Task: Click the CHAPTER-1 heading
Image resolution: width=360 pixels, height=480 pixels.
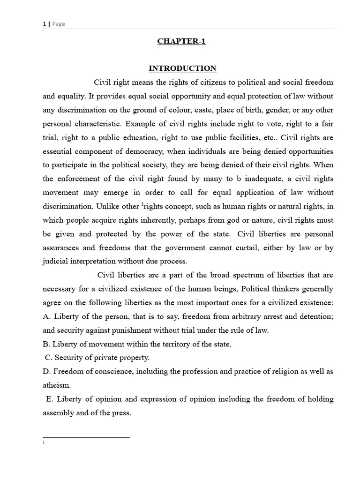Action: (x=181, y=41)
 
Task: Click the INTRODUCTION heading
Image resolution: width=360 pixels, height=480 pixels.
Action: (x=182, y=68)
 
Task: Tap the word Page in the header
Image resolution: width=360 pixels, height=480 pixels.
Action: (x=59, y=24)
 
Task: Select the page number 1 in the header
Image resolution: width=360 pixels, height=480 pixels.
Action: (x=44, y=24)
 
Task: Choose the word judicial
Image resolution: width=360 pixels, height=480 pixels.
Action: (x=55, y=261)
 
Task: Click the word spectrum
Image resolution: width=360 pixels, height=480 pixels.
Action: (x=228, y=275)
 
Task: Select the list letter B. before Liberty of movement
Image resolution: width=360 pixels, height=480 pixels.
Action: (x=46, y=344)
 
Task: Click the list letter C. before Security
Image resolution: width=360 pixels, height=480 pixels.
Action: (x=49, y=358)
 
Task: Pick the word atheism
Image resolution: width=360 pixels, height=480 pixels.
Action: (x=56, y=385)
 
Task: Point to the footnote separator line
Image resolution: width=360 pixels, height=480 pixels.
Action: (x=86, y=437)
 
